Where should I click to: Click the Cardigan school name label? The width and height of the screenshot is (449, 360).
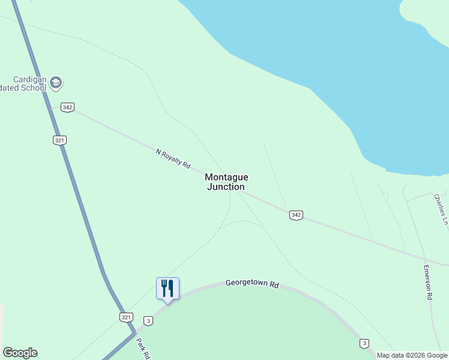24,83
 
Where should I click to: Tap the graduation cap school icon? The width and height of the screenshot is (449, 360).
56,82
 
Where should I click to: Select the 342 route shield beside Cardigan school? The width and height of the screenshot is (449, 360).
67,107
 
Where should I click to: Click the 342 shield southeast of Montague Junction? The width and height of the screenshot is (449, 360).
295,215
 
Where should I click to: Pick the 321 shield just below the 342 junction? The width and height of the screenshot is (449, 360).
59,140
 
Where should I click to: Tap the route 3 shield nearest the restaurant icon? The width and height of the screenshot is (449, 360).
148,321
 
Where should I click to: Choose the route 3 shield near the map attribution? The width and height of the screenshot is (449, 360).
364,343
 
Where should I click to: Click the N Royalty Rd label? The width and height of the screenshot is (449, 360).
173,159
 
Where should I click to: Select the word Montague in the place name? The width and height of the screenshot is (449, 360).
226,177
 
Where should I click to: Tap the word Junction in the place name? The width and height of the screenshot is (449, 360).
226,187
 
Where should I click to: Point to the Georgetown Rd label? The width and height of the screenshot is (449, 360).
252,284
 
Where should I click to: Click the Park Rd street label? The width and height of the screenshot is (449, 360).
142,348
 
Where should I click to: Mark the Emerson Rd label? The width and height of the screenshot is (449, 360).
428,282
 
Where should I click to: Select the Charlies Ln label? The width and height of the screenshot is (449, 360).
441,208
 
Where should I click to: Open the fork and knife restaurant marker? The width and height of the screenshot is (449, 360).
167,289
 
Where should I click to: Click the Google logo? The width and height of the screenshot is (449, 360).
20,353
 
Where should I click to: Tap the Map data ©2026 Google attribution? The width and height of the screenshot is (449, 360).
412,355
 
